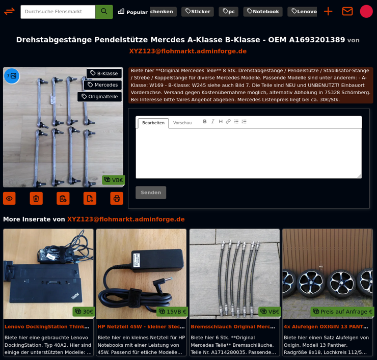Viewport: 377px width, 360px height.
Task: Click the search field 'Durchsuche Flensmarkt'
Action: tap(58, 12)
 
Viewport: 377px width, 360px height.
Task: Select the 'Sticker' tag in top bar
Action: tap(197, 12)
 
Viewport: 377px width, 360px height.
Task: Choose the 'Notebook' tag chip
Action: tap(262, 12)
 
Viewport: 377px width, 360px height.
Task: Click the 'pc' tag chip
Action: tap(228, 12)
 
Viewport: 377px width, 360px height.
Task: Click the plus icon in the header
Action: tap(328, 11)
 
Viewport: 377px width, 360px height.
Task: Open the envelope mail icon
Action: tap(347, 11)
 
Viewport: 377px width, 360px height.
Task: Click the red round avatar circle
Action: tap(366, 11)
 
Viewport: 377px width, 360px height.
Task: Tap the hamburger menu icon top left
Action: tap(9, 11)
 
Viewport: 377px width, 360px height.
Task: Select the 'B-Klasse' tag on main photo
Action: tap(104, 73)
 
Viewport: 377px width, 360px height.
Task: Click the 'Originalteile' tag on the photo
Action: tap(99, 97)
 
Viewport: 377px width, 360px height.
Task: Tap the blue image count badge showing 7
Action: tap(12, 76)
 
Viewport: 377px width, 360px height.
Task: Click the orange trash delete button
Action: tap(36, 199)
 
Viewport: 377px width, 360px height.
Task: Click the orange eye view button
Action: tap(9, 199)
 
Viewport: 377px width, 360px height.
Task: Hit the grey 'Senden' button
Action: tap(151, 192)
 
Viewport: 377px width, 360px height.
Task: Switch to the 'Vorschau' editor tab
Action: tap(182, 123)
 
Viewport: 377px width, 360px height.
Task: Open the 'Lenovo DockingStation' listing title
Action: tap(47, 326)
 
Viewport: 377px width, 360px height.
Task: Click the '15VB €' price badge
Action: tap(172, 312)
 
